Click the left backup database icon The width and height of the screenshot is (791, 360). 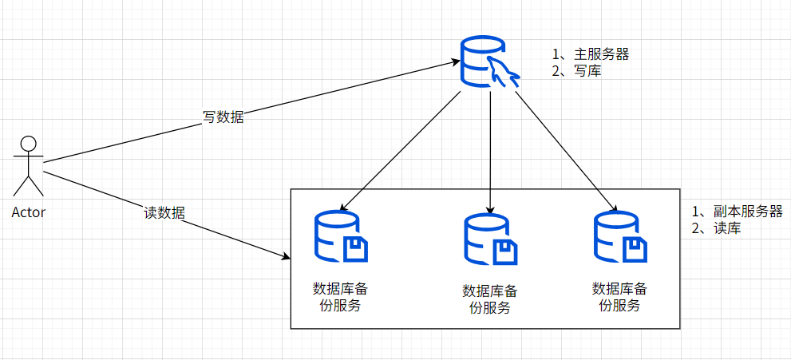[x=340, y=237]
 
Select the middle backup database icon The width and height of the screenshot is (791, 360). [x=489, y=239]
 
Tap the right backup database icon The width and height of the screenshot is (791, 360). [x=619, y=237]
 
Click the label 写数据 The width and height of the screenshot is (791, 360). [x=223, y=117]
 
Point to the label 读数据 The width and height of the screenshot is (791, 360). [x=164, y=212]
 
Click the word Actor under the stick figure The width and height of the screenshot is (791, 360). [x=29, y=212]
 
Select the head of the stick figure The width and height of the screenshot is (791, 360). [x=29, y=145]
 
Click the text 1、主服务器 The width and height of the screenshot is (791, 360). [x=591, y=54]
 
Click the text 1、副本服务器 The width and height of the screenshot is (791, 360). [x=737, y=212]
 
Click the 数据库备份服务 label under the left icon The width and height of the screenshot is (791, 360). [x=340, y=296]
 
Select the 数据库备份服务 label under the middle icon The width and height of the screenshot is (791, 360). [x=489, y=299]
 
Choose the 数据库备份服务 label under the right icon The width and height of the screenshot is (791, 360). [x=619, y=296]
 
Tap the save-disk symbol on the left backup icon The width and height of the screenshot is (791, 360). [x=355, y=250]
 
